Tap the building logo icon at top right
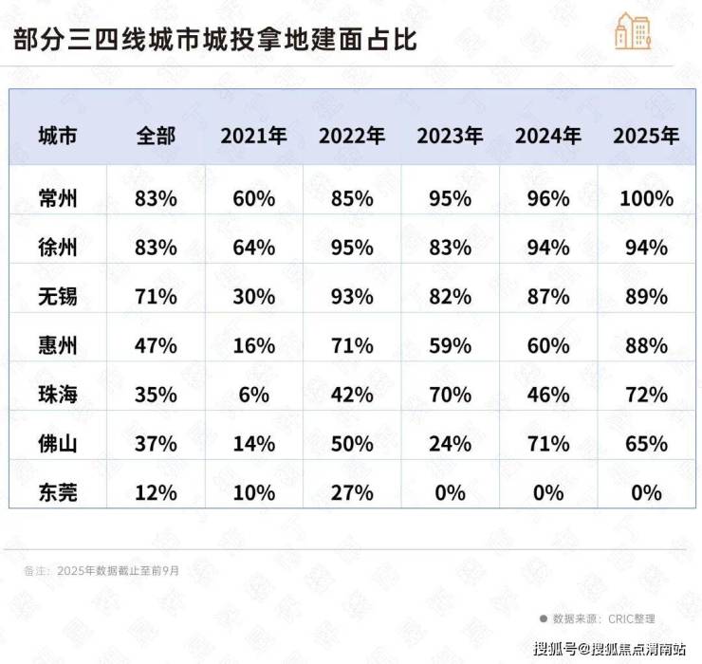[633, 32]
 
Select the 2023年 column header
[450, 136]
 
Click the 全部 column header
[156, 136]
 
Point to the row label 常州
[58, 198]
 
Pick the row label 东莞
[58, 493]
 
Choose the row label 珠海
[58, 395]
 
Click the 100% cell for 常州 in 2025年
[646, 198]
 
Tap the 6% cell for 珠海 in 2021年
[254, 395]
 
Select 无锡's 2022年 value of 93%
[352, 297]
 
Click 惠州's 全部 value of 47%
[156, 346]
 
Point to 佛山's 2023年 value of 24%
[450, 444]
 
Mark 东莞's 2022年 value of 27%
[352, 493]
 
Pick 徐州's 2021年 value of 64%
[254, 248]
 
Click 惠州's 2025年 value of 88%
[646, 346]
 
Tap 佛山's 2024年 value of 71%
[548, 444]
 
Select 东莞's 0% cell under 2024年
[548, 493]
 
